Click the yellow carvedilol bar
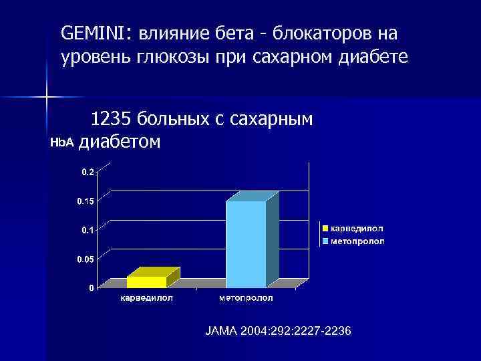pyautogui.click(x=146, y=281)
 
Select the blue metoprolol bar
pyautogui.click(x=246, y=244)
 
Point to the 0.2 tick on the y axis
pyautogui.click(x=88, y=172)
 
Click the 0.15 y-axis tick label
pyautogui.click(x=85, y=201)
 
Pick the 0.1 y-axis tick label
pyautogui.click(x=88, y=230)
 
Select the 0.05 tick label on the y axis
pyautogui.click(x=85, y=259)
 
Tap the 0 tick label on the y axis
pyautogui.click(x=91, y=288)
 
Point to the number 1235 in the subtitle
pyautogui.click(x=111, y=120)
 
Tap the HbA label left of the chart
pyautogui.click(x=62, y=143)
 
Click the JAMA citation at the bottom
pyautogui.click(x=279, y=332)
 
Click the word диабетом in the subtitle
pyautogui.click(x=120, y=142)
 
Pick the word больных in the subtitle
pyautogui.click(x=171, y=120)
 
